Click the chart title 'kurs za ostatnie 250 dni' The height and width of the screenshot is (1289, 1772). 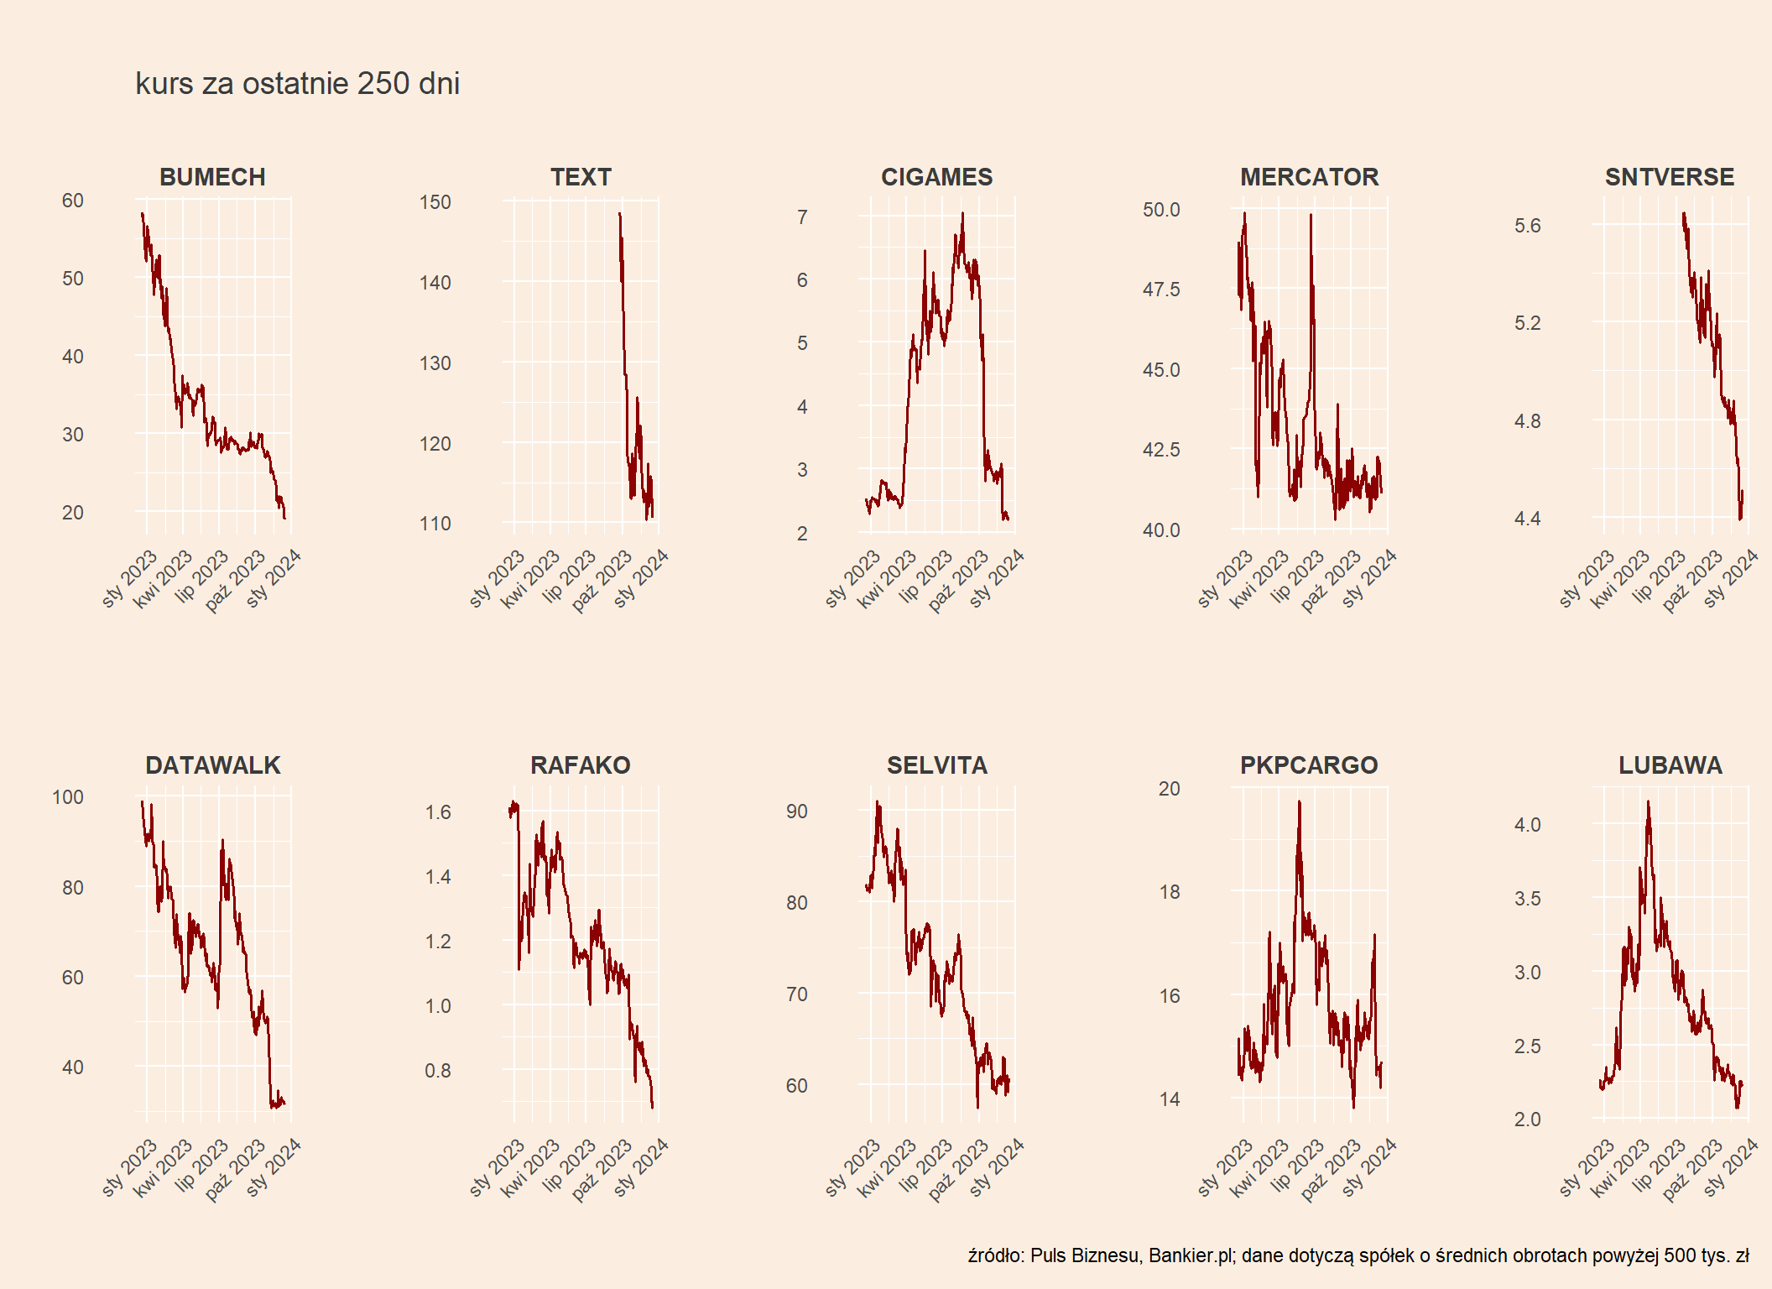click(297, 84)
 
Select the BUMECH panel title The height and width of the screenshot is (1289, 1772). click(212, 177)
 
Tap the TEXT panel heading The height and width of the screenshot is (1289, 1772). click(581, 177)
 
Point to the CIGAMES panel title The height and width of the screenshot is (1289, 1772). click(936, 177)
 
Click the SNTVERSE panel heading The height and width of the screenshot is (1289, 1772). click(1670, 177)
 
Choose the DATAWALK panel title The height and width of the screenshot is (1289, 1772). click(213, 765)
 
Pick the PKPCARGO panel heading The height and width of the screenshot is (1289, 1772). click(1309, 765)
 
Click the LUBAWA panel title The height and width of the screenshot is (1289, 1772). click(1670, 765)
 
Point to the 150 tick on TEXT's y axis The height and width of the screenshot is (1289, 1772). click(435, 202)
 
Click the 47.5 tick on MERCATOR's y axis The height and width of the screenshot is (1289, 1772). click(1161, 290)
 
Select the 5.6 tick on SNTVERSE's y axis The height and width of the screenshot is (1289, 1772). click(1527, 226)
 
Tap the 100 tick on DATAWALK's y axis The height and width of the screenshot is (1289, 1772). click(68, 797)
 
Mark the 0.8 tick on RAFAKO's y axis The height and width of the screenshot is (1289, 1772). click(437, 1071)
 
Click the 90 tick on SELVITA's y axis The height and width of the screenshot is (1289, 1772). click(796, 811)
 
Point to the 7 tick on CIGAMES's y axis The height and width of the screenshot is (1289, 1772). click(802, 217)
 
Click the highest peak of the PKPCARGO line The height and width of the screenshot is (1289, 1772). click(1299, 802)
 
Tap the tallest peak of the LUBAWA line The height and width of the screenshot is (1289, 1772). click(1648, 802)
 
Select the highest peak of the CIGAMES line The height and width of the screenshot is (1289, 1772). click(962, 213)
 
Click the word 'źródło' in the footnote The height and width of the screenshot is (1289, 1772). click(995, 1255)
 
